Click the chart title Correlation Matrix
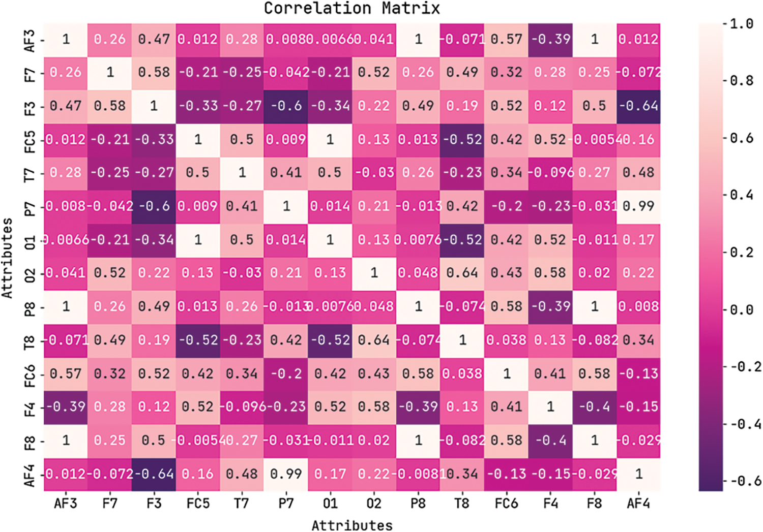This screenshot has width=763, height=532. [351, 8]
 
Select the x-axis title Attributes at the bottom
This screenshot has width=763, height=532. [351, 524]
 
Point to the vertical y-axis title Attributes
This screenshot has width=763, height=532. [7, 258]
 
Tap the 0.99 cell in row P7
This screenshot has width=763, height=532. [638, 206]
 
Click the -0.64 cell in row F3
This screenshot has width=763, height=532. [638, 106]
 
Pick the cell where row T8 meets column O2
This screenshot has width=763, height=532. [374, 340]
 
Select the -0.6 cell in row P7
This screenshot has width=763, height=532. [154, 206]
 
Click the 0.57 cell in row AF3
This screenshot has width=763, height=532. [506, 39]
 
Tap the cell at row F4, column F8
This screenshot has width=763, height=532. [594, 407]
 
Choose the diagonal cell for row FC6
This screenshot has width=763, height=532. [506, 373]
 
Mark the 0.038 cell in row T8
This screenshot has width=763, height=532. [506, 340]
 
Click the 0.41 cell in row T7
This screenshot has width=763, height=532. [286, 173]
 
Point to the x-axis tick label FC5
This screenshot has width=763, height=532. [198, 504]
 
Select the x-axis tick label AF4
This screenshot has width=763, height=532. [638, 504]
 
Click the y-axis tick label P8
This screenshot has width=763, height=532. [30, 307]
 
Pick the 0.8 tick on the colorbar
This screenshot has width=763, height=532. [741, 81]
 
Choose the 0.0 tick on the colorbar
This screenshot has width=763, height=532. [741, 309]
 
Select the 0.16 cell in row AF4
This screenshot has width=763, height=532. [198, 474]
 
